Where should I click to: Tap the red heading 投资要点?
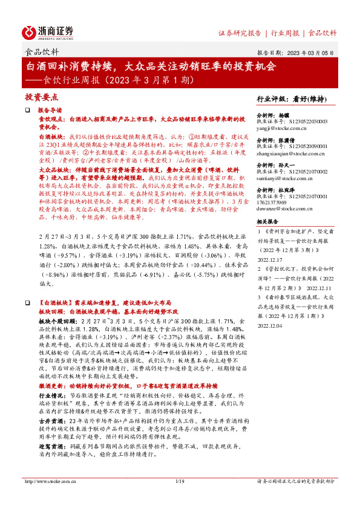[42, 97]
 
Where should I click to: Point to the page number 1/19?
[179, 498]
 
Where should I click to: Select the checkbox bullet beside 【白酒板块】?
[27, 300]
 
